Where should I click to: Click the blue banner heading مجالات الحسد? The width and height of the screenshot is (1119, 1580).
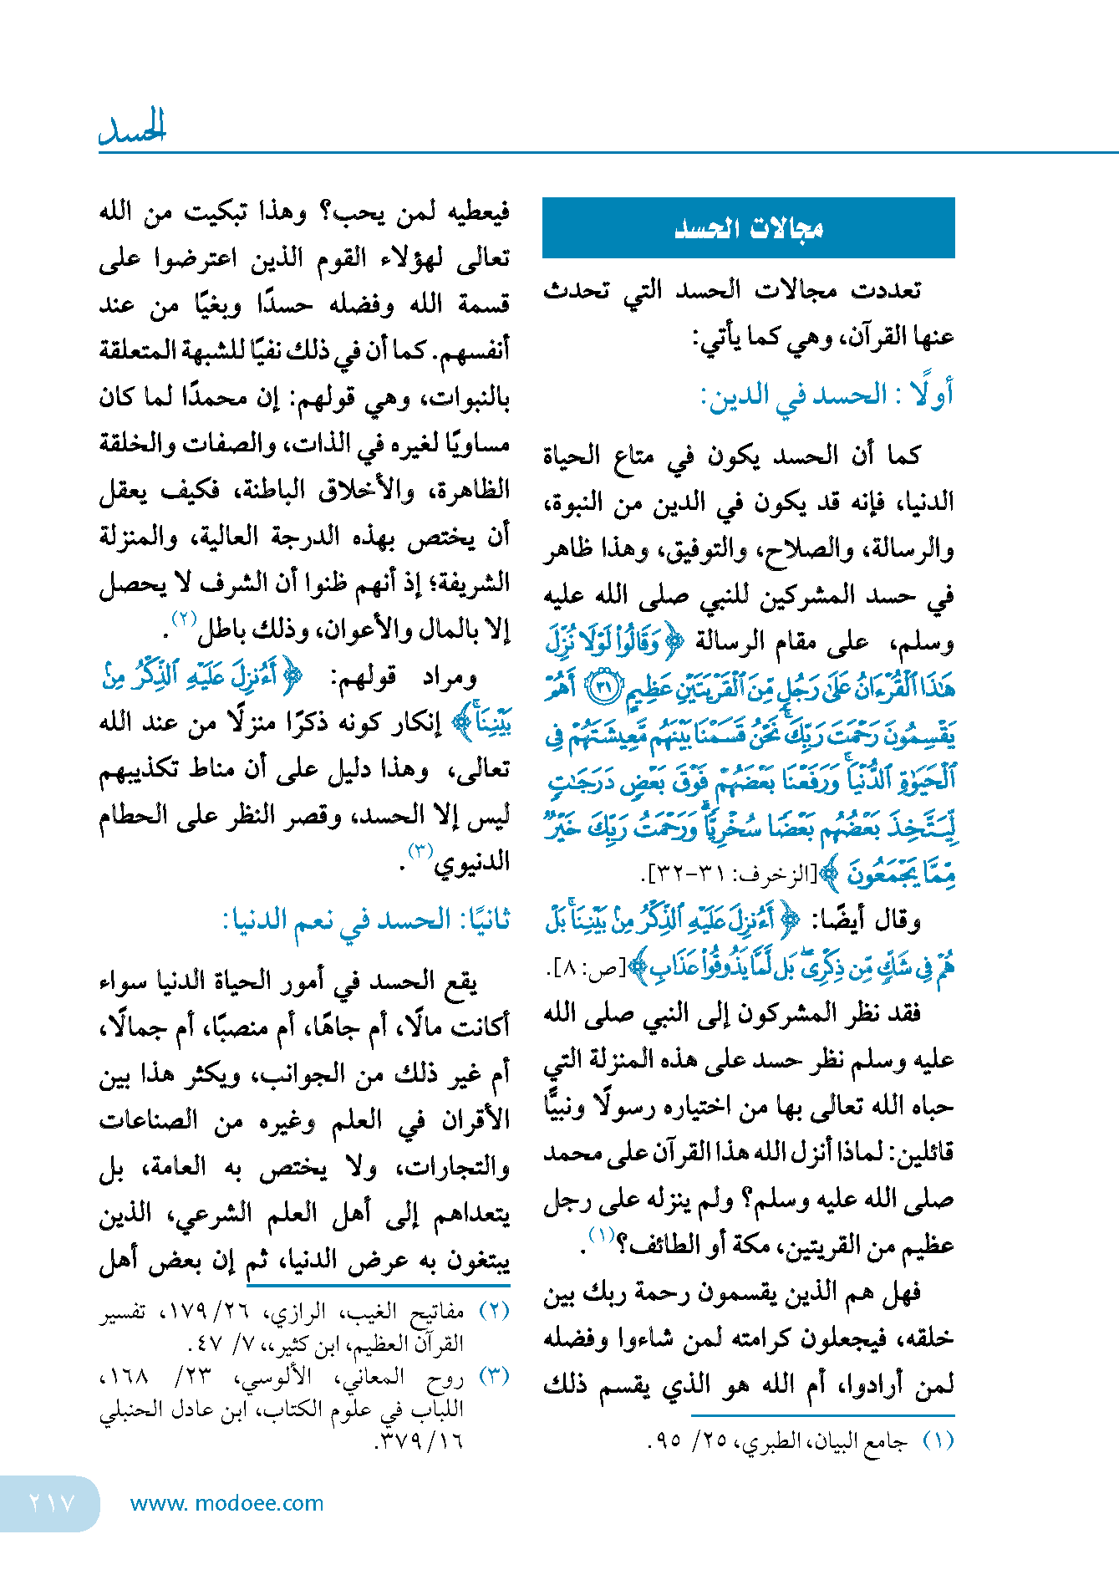(x=748, y=227)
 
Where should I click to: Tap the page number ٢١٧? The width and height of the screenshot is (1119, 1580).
(x=52, y=1503)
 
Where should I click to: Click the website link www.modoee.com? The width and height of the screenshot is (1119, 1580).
(x=226, y=1503)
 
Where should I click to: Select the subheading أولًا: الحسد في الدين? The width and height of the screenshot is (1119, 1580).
(x=827, y=395)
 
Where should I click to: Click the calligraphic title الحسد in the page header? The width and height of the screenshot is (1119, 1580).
(x=133, y=128)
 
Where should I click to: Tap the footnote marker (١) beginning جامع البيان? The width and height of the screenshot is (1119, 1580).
(x=938, y=1441)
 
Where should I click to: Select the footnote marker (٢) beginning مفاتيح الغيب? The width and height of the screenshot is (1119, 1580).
(x=494, y=1311)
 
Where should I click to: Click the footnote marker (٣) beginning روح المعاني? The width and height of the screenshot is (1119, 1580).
(x=494, y=1376)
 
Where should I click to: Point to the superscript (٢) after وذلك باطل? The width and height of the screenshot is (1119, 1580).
(x=184, y=619)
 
